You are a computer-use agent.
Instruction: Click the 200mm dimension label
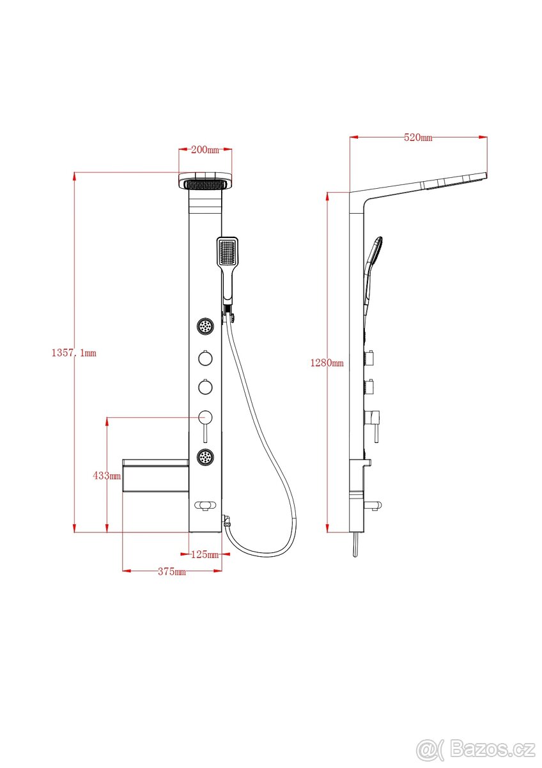pyautogui.click(x=205, y=150)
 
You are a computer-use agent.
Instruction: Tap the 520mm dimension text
pyautogui.click(x=418, y=138)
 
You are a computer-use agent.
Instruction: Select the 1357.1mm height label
pyautogui.click(x=74, y=353)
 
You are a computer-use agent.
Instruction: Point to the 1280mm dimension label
pyautogui.click(x=327, y=363)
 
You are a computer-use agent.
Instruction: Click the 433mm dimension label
pyautogui.click(x=107, y=476)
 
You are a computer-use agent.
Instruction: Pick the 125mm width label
pyautogui.click(x=205, y=554)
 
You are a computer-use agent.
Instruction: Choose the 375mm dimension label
pyautogui.click(x=172, y=572)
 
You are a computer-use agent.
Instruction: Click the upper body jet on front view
pyautogui.click(x=205, y=326)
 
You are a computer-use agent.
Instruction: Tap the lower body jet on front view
pyautogui.click(x=205, y=457)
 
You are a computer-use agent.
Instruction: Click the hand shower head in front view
pyautogui.click(x=228, y=252)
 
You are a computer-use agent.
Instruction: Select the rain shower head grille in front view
pyautogui.click(x=205, y=185)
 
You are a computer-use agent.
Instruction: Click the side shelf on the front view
pyautogui.click(x=155, y=476)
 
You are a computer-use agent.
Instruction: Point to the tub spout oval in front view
pyautogui.click(x=205, y=505)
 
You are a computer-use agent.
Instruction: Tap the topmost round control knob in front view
pyautogui.click(x=205, y=358)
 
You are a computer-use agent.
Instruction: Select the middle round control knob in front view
pyautogui.click(x=205, y=387)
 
